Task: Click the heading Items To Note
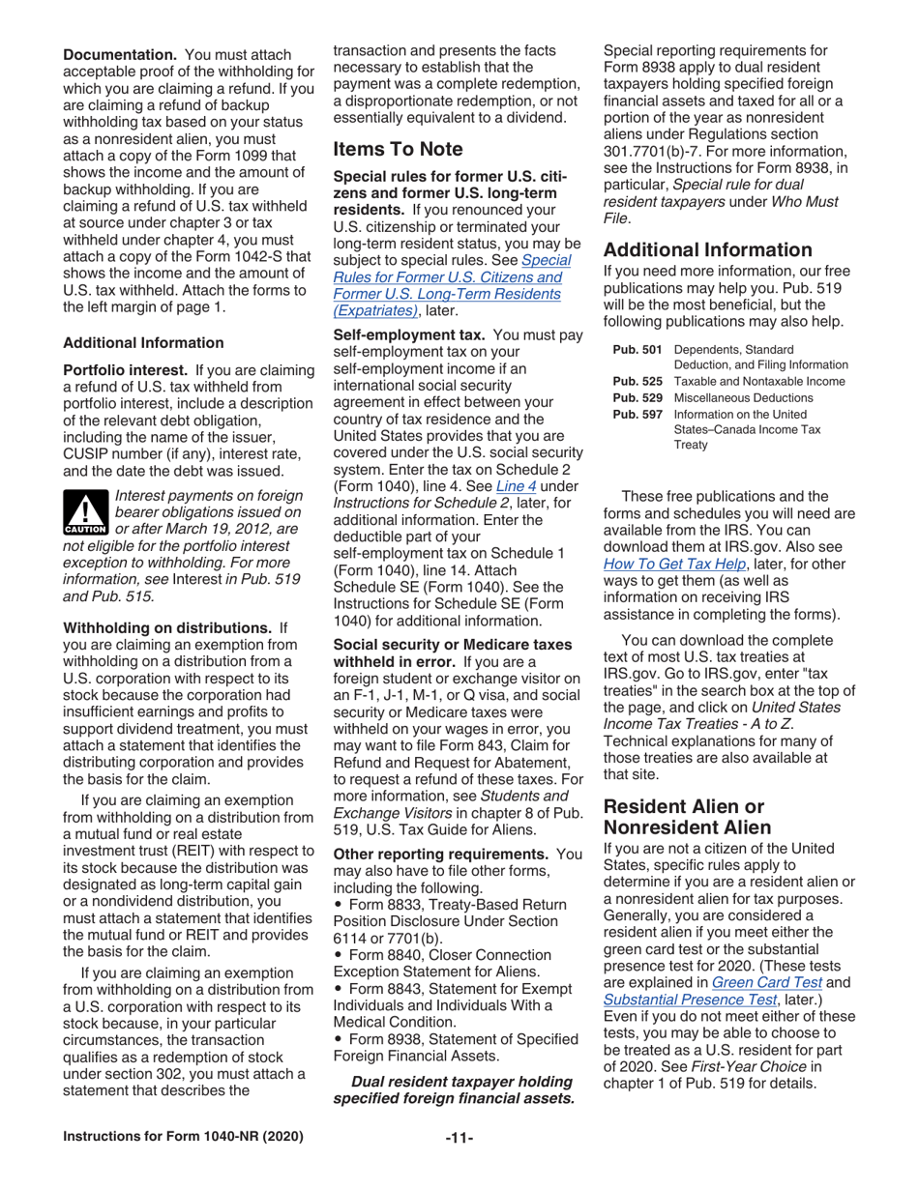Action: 398,149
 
